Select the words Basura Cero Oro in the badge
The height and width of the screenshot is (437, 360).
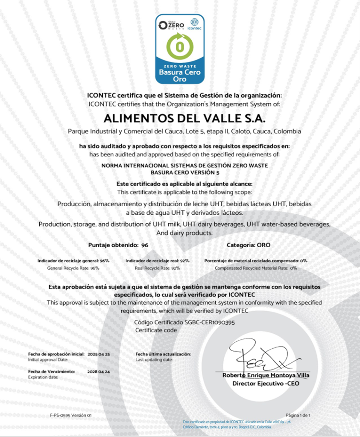coord(180,76)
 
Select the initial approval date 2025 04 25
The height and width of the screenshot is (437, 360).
coord(99,354)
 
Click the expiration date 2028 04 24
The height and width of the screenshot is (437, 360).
coord(99,372)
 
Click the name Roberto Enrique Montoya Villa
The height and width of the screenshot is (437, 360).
coord(266,376)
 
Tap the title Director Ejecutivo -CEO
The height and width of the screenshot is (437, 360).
coord(266,383)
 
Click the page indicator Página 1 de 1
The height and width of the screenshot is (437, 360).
coord(298,415)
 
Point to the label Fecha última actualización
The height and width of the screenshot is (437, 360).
coord(163,354)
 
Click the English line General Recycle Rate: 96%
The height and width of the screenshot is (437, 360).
coord(73,268)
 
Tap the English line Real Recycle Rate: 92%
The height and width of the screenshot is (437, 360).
coord(158,268)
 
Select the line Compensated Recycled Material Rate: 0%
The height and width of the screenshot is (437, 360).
coord(255,268)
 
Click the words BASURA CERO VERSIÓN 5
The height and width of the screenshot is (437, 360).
coord(180,173)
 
